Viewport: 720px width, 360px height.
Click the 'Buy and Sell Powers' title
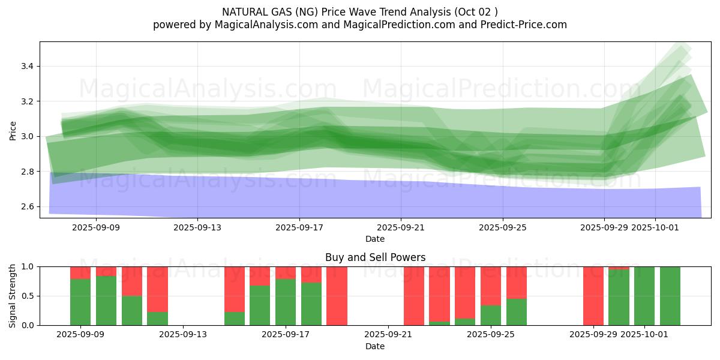point(375,257)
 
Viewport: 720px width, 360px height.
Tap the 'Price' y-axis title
point(13,130)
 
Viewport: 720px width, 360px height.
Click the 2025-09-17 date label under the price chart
point(299,227)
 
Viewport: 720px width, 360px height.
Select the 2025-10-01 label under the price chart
point(655,227)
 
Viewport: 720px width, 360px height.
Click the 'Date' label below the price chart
point(375,239)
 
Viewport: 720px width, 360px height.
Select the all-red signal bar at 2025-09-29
point(593,296)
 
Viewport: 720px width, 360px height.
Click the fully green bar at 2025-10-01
point(644,296)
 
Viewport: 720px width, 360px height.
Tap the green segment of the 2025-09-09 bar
point(80,302)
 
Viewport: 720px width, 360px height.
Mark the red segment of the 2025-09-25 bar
point(491,286)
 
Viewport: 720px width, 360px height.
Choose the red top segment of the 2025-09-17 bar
point(286,272)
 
